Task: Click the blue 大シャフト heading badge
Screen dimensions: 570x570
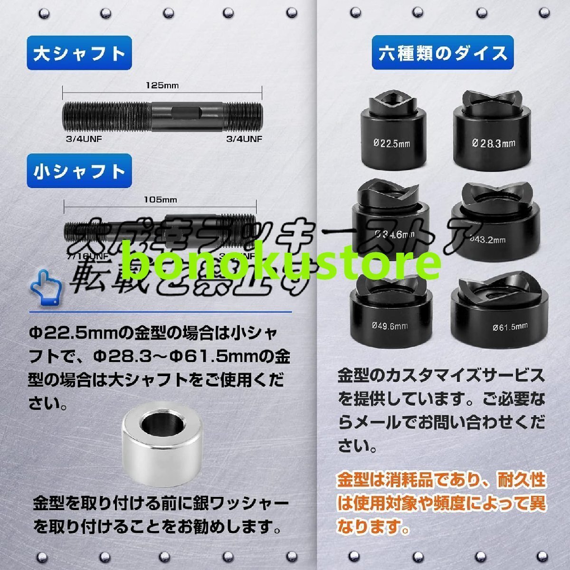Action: coord(79,53)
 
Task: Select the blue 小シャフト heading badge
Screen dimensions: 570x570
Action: coord(79,171)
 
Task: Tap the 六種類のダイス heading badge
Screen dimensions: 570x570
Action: coord(443,53)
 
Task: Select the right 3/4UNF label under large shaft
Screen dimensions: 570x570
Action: coord(244,139)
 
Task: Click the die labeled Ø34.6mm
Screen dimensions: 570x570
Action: coord(387,218)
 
